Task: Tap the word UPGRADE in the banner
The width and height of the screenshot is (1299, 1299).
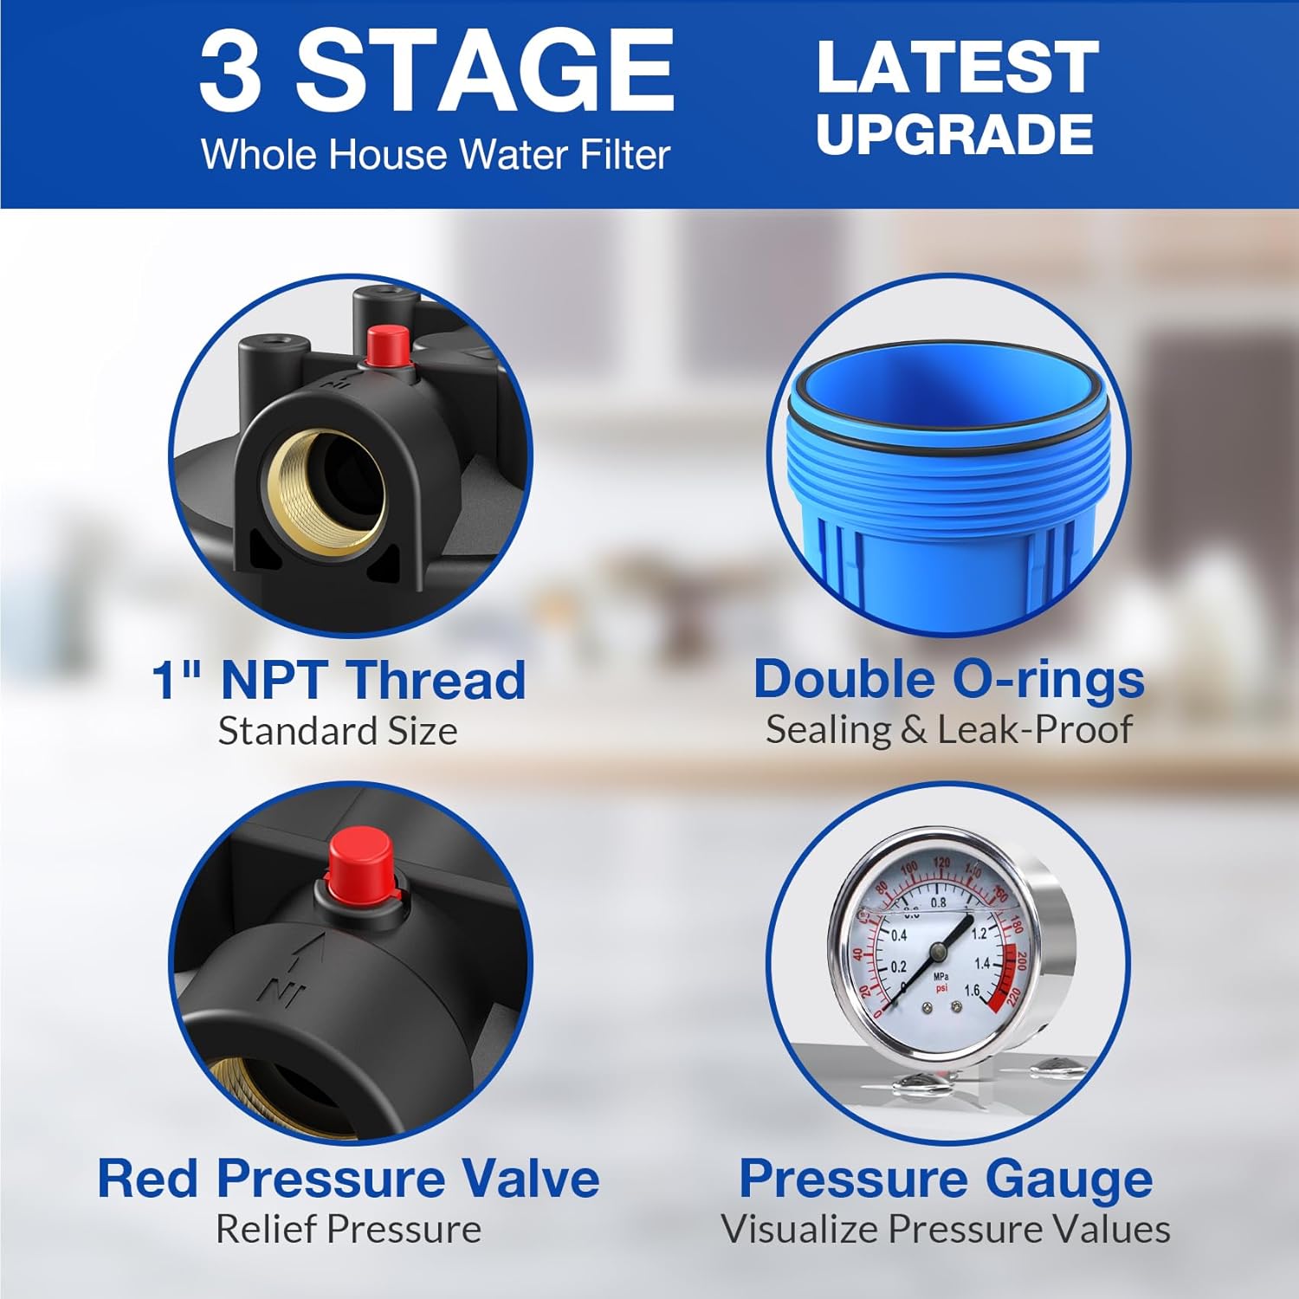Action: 954,134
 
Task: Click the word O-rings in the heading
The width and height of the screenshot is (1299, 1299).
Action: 1038,680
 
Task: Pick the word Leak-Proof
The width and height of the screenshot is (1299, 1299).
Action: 1035,730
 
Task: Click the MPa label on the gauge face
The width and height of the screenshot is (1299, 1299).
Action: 940,976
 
